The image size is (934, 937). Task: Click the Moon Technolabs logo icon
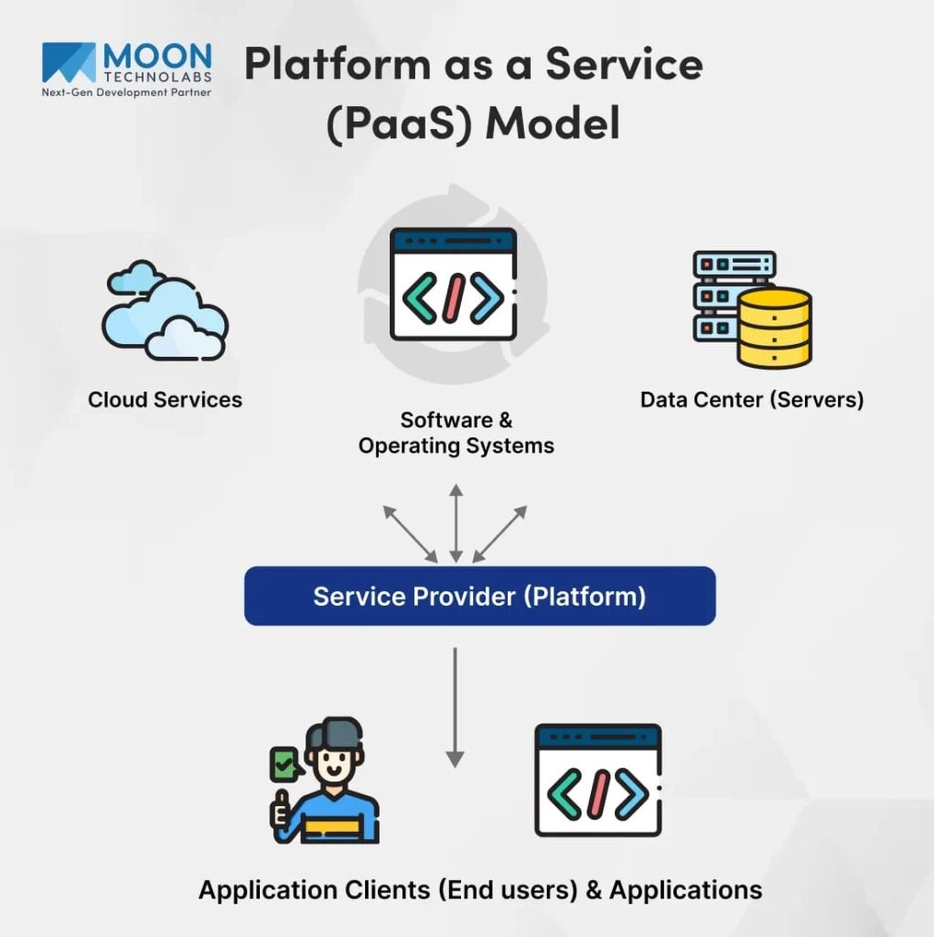(69, 62)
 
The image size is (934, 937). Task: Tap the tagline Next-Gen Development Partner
(127, 92)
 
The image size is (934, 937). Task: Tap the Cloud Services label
(165, 400)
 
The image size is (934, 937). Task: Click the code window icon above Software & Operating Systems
(454, 285)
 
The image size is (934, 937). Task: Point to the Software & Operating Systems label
(456, 433)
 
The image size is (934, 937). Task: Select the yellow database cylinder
(774, 328)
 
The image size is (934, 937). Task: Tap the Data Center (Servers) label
(752, 400)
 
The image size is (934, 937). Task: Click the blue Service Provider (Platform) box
(479, 597)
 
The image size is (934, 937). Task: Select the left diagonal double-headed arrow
(410, 533)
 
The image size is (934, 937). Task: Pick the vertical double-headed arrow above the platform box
(456, 523)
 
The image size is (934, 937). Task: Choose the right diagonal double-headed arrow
(499, 533)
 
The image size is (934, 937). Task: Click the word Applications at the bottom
(685, 889)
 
